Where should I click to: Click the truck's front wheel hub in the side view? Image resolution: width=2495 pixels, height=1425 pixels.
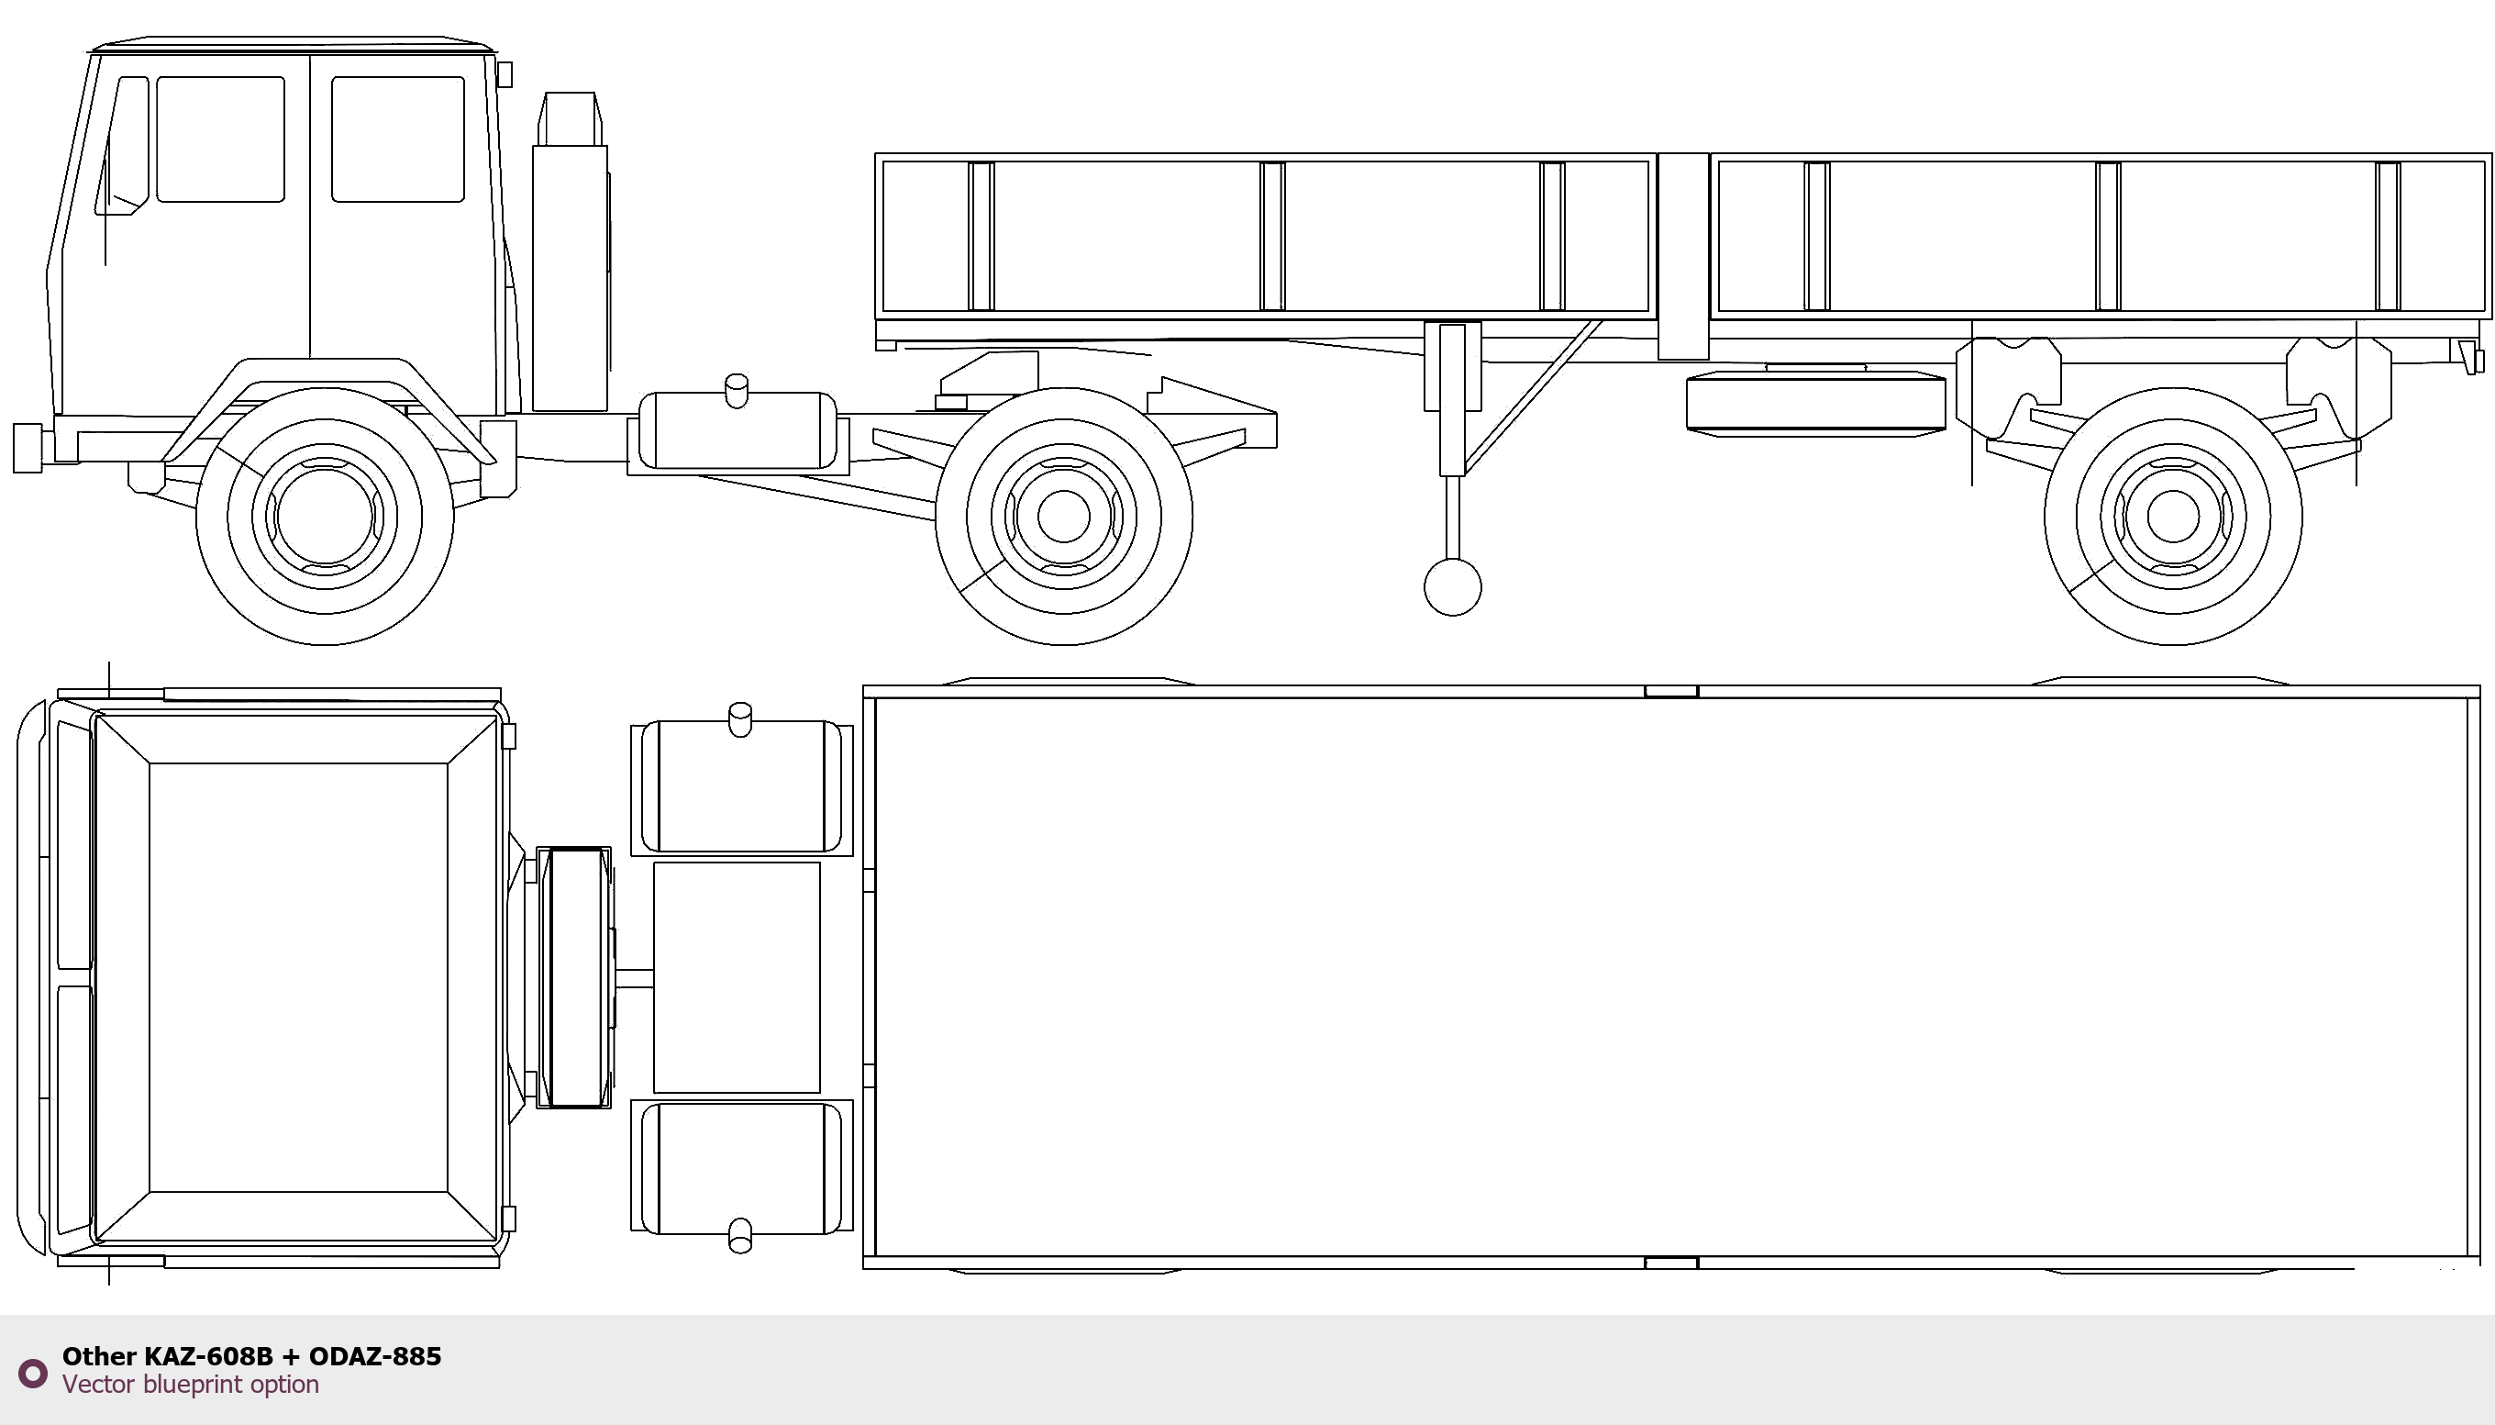pos(325,516)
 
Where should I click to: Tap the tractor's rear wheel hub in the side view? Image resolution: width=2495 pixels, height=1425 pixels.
pos(1063,516)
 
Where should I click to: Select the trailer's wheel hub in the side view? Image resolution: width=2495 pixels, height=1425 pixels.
pos(2173,516)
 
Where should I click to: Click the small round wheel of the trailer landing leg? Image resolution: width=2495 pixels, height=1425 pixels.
pos(1452,587)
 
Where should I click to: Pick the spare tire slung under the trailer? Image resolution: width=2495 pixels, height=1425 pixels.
pos(1816,402)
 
